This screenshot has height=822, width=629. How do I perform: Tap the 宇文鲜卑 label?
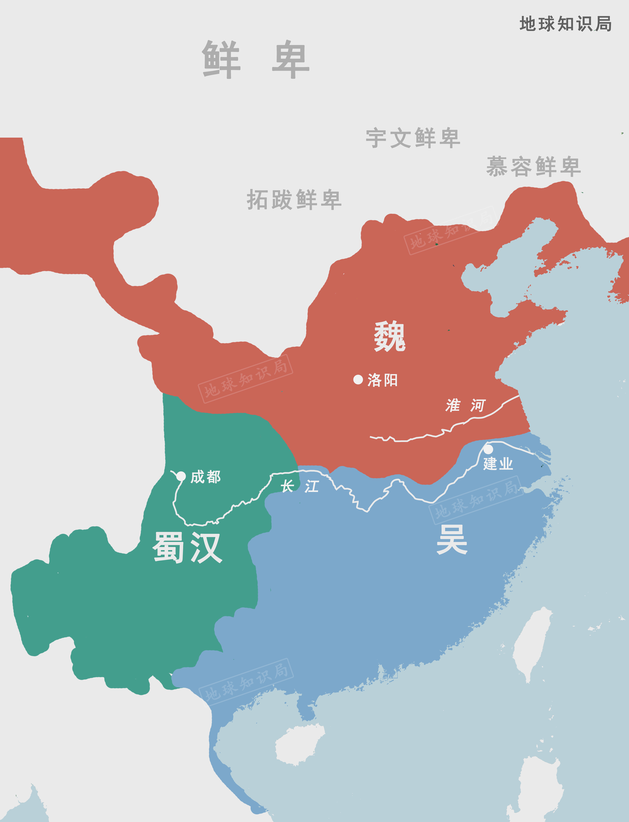(413, 138)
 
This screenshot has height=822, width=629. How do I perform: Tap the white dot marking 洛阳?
(358, 380)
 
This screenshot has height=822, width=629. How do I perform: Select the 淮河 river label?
(465, 405)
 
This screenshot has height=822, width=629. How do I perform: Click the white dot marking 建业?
(488, 448)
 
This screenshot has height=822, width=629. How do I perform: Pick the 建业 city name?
(498, 464)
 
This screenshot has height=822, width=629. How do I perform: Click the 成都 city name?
(206, 477)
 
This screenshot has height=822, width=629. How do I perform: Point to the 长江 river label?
(299, 487)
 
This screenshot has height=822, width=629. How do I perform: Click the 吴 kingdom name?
(452, 539)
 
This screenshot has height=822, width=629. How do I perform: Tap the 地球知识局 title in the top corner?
(565, 24)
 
